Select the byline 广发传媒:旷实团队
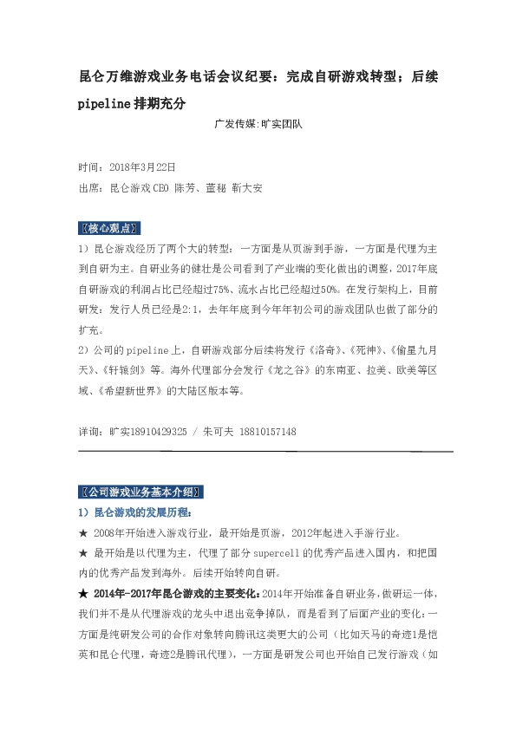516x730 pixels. click(258, 124)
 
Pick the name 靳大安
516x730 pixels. click(247, 187)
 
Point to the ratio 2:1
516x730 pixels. click(203, 310)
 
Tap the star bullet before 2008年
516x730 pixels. click(82, 531)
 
